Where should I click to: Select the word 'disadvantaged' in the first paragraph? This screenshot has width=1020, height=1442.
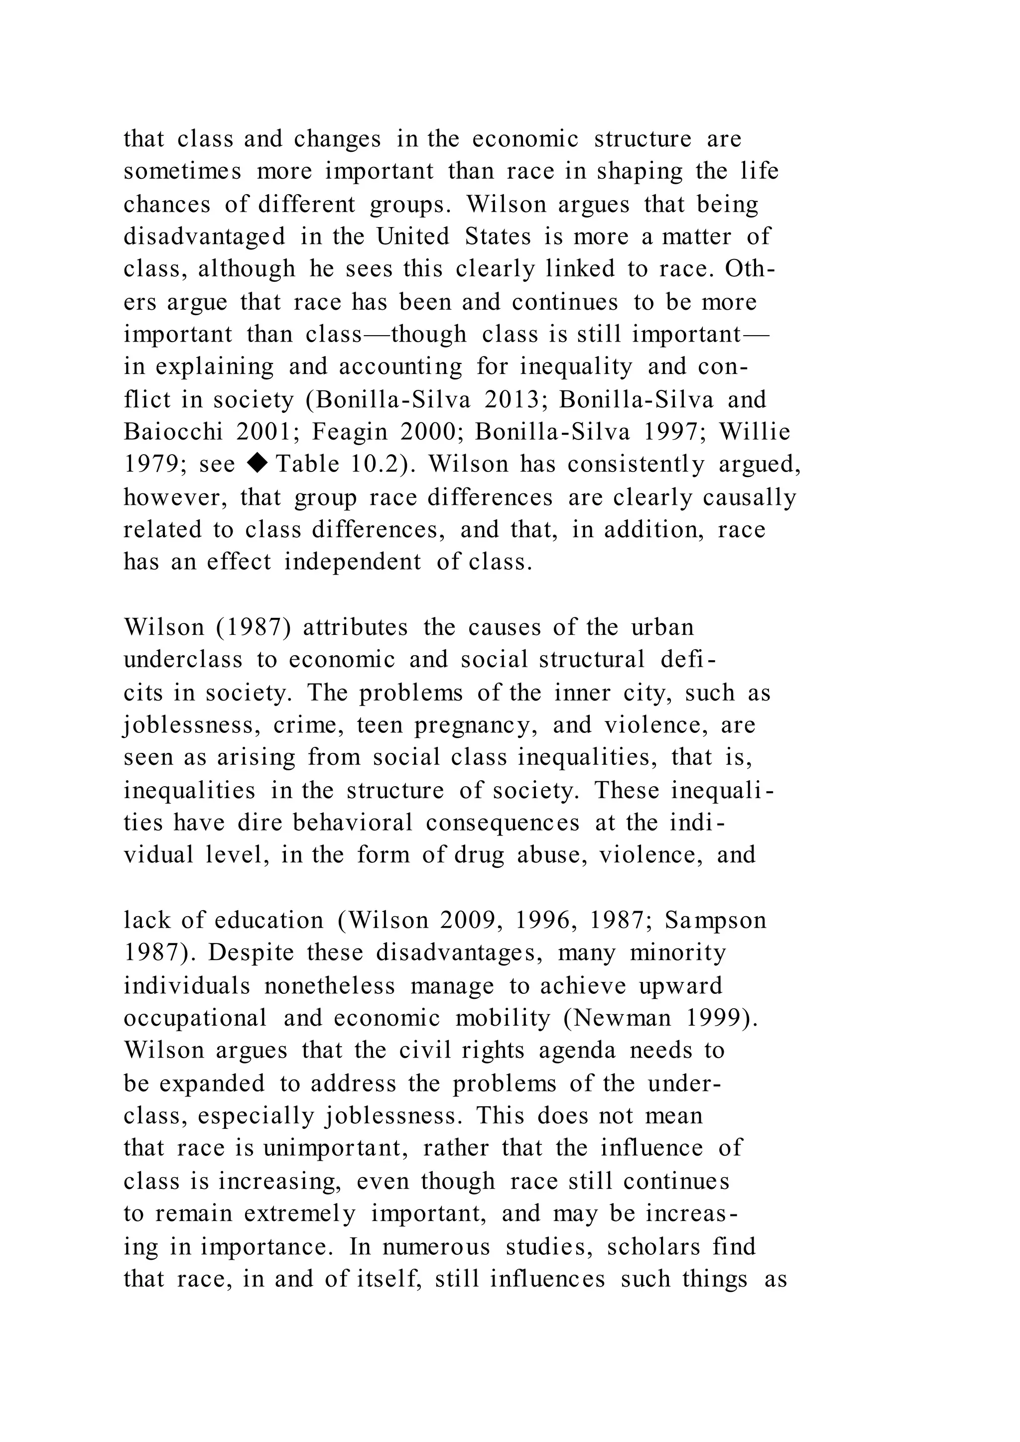tap(204, 237)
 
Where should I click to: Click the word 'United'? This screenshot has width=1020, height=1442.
tap(413, 237)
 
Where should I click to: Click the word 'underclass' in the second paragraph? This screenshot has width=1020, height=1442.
tap(183, 659)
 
